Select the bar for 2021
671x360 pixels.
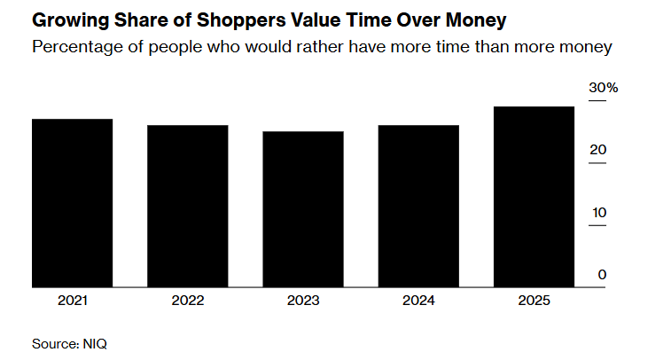pos(72,203)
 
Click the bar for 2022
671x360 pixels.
pos(187,206)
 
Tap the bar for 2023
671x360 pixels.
pos(302,209)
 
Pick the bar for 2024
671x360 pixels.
pos(417,206)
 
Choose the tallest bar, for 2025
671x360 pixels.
pos(533,197)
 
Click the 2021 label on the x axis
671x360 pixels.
pos(72,301)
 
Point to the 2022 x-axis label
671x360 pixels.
pos(187,301)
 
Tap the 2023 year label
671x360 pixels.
pos(302,301)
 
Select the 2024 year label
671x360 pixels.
pos(417,301)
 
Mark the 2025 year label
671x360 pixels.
pos(533,301)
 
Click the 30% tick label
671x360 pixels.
pos(604,88)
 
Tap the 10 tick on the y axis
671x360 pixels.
pos(599,213)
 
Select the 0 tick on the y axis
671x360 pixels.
pos(602,275)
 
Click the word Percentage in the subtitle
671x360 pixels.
pos(75,47)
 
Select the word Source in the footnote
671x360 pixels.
pos(53,342)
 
